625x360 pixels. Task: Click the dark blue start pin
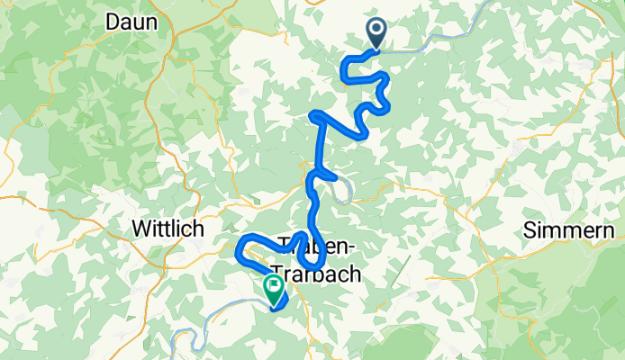point(376,34)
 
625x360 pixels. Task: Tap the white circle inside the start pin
point(376,30)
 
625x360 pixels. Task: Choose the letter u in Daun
point(143,23)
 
